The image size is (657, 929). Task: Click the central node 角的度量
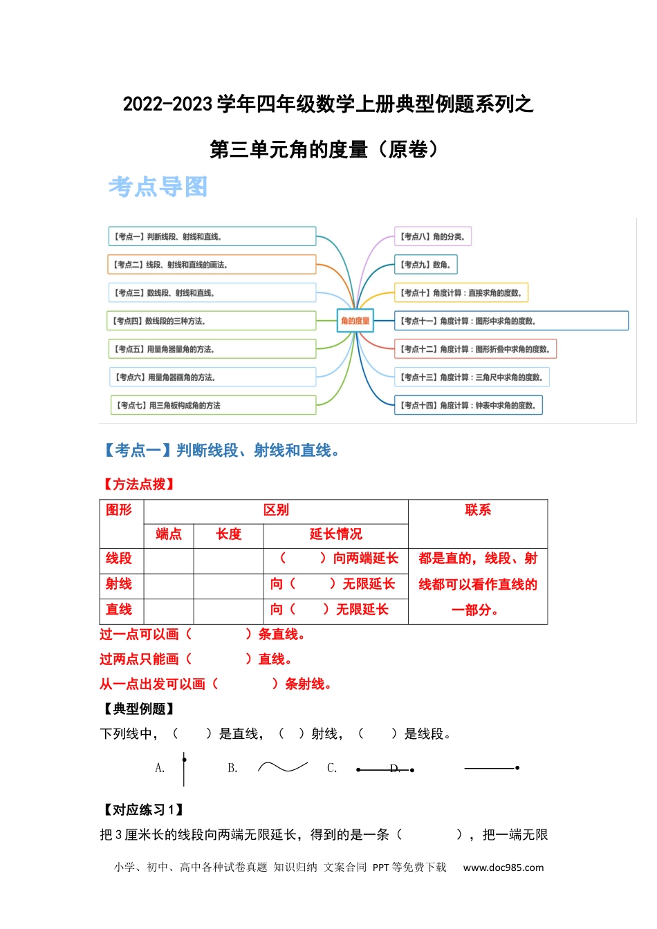click(355, 321)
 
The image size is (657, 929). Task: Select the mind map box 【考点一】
click(212, 236)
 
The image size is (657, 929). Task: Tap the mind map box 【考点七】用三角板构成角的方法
click(213, 405)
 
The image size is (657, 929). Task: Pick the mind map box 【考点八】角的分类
click(433, 236)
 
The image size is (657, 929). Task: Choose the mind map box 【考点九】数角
click(426, 265)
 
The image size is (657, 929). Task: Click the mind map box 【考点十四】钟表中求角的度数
click(468, 405)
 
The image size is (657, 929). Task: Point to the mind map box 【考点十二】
click(475, 349)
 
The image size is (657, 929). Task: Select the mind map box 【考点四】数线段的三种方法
click(211, 321)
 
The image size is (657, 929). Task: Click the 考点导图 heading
click(158, 187)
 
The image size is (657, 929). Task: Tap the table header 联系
click(478, 510)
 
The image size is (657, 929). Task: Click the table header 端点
click(169, 534)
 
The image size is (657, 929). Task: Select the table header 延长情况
click(335, 534)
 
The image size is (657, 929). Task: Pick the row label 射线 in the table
click(119, 584)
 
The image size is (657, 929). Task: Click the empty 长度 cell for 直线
click(228, 610)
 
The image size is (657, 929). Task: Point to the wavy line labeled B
click(282, 767)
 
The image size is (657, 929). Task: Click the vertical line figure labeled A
click(184, 769)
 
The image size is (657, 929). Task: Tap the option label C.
click(332, 769)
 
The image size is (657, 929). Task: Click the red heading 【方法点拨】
click(138, 485)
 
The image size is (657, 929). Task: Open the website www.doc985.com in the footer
click(503, 867)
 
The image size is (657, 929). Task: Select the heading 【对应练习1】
click(143, 810)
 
